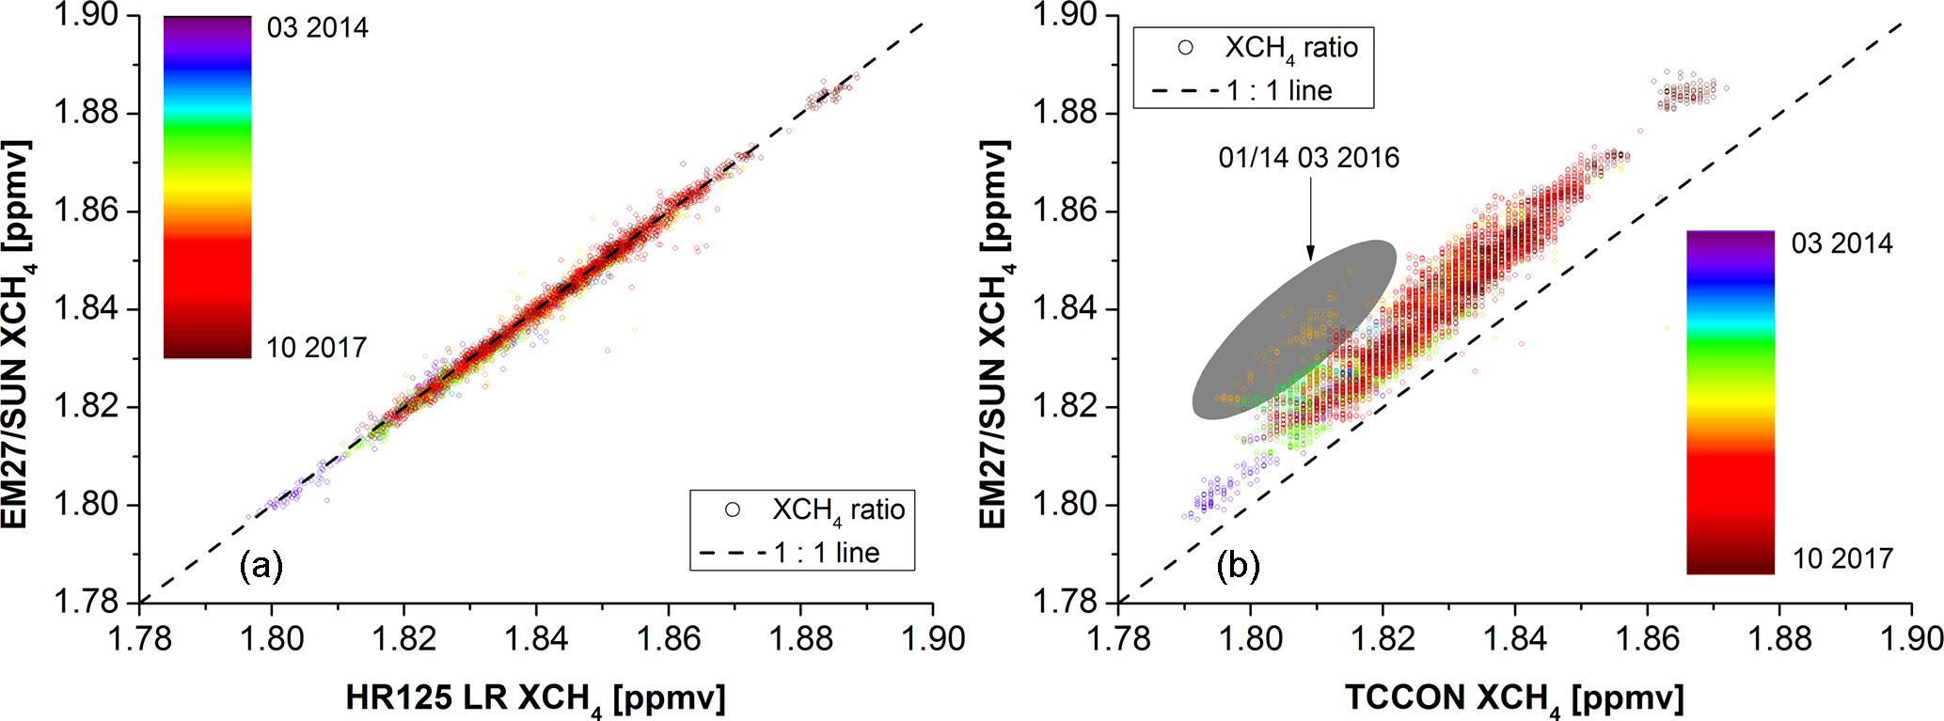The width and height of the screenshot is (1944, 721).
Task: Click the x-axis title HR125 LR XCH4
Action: click(x=535, y=698)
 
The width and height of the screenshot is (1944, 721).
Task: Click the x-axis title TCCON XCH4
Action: click(x=1514, y=698)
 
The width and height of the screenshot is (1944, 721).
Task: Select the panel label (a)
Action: click(x=261, y=566)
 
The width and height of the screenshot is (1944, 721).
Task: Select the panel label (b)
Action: click(x=1238, y=566)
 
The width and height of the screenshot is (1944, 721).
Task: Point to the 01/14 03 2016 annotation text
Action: click(x=1308, y=158)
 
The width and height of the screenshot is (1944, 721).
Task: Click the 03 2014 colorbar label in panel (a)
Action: click(x=317, y=28)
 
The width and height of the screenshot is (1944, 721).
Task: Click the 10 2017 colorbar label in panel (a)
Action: click(x=316, y=348)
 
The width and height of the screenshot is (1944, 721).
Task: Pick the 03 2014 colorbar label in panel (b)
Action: click(x=1841, y=243)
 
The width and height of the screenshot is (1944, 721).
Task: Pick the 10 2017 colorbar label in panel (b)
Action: click(x=1841, y=558)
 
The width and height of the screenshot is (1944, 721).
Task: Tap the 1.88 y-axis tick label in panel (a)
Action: click(x=86, y=113)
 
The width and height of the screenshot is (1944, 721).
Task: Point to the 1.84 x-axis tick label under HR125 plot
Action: click(x=536, y=639)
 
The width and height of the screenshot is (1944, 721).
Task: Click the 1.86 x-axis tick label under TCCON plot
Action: click(x=1647, y=639)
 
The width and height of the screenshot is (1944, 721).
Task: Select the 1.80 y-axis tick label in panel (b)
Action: click(x=1065, y=504)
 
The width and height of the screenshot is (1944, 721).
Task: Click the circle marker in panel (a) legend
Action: click(x=733, y=509)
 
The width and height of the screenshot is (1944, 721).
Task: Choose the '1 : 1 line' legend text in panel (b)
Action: click(x=1279, y=90)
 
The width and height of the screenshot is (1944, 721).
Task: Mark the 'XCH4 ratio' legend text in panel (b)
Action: click(x=1290, y=48)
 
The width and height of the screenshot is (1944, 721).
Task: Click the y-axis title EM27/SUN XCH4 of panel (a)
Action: click(x=19, y=334)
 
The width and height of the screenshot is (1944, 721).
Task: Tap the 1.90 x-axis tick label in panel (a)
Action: click(x=933, y=639)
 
